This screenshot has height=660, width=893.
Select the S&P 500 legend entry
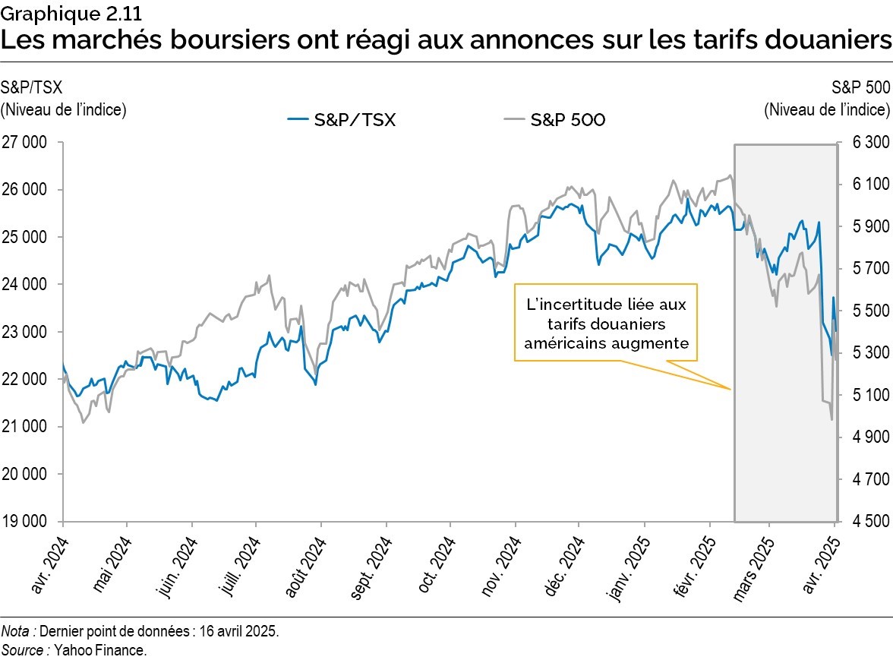[x=555, y=119]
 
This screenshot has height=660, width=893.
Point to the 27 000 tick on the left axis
[x=24, y=142]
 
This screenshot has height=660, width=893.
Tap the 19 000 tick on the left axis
[x=24, y=522]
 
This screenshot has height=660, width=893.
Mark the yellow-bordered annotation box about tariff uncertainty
[x=606, y=322]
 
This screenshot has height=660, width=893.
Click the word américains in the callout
[x=573, y=343]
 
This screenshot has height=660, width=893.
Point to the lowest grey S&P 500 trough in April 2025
[x=831, y=419]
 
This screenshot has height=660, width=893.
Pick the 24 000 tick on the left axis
[x=24, y=284]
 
